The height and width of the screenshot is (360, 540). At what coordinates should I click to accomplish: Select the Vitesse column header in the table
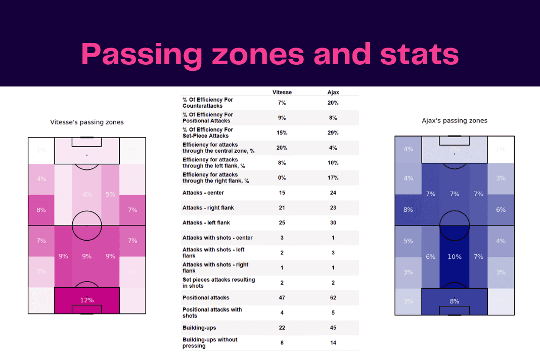click(282, 93)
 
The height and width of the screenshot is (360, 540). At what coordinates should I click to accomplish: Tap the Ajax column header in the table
click(333, 93)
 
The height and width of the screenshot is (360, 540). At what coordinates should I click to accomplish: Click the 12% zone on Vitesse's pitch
click(87, 300)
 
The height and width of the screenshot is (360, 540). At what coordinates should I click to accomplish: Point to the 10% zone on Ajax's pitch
click(454, 257)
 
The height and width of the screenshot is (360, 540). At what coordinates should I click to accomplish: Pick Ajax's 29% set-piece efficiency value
click(333, 133)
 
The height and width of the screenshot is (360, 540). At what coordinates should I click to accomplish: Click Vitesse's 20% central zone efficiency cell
click(282, 148)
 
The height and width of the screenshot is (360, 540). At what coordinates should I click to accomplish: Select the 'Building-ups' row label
click(199, 328)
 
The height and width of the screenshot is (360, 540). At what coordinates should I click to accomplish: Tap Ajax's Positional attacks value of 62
click(333, 298)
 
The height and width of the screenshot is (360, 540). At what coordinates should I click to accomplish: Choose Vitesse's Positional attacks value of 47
click(282, 298)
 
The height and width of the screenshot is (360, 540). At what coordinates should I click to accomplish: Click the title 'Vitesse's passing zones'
click(87, 122)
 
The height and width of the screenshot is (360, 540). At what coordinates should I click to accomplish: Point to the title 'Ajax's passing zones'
click(454, 121)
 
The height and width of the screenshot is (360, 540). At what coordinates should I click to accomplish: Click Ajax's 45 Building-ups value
click(333, 328)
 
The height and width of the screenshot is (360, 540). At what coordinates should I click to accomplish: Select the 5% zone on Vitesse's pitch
click(110, 194)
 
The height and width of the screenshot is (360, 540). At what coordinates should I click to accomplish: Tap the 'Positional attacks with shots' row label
click(212, 312)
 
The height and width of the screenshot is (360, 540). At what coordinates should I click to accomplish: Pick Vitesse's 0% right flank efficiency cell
click(282, 178)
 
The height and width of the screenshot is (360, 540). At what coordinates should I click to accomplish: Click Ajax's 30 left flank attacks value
click(333, 222)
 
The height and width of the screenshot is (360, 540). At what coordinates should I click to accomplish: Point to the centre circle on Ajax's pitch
click(454, 225)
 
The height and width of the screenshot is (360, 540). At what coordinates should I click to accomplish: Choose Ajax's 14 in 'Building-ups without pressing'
click(333, 343)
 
